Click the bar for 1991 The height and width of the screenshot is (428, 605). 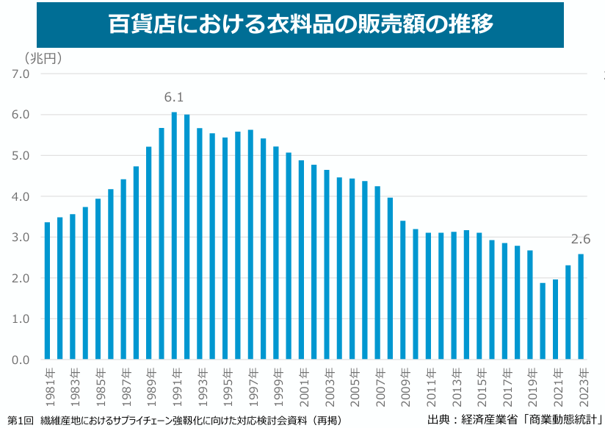[174, 235]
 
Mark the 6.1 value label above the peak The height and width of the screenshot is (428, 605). [174, 97]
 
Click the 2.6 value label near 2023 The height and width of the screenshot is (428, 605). [581, 239]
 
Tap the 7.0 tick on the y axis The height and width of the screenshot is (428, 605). [20, 74]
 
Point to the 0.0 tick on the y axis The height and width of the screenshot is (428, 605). [20, 360]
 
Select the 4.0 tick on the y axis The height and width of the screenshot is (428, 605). [20, 196]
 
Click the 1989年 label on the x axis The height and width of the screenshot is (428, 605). [149, 382]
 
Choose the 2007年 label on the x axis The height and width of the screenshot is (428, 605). [377, 382]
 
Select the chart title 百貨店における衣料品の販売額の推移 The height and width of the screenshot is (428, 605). [300, 24]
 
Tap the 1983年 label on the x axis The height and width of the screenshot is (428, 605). [73, 382]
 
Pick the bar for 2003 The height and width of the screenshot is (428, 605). [327, 265]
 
